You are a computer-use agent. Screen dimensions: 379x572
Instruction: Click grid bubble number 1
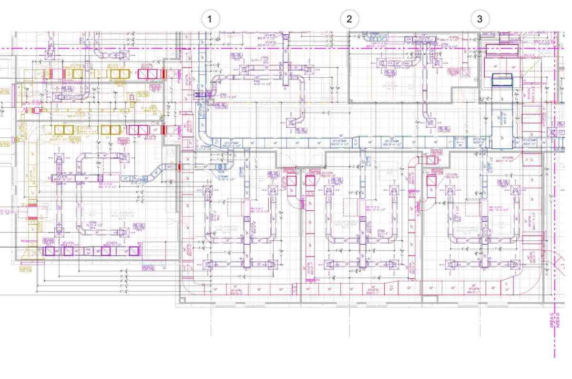pyautogui.click(x=211, y=19)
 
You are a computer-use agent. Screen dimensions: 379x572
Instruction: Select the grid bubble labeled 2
pyautogui.click(x=349, y=19)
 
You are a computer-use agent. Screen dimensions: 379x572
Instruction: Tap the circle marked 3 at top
pyautogui.click(x=480, y=19)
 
